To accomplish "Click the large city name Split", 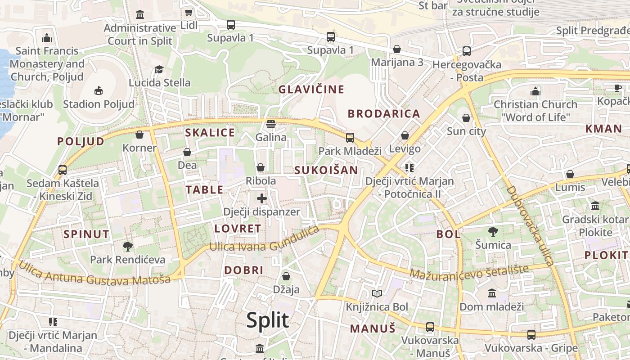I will [x=267, y=320].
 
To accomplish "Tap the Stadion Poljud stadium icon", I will [x=99, y=91].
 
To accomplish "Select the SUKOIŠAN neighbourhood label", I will [x=326, y=170].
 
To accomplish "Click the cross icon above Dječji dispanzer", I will [x=262, y=198].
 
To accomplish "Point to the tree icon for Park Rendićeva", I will [x=128, y=246].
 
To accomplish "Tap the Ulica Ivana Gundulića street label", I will [x=265, y=241].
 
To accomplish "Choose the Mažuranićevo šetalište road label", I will [x=469, y=272].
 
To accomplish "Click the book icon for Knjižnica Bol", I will [x=377, y=294].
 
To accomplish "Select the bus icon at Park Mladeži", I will [x=350, y=138].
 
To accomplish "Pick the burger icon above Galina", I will [x=271, y=124].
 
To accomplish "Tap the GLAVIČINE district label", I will [x=311, y=89].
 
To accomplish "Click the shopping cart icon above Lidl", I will [x=189, y=12].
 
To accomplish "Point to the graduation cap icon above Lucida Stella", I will [x=159, y=69].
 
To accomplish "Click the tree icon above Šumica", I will [x=493, y=232].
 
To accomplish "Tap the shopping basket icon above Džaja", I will [x=286, y=276].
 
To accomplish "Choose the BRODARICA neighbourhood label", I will [x=384, y=114].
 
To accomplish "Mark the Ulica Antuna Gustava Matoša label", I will [x=94, y=274].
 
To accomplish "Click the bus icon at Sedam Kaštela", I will [x=63, y=170].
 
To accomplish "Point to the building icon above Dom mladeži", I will [x=492, y=293].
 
